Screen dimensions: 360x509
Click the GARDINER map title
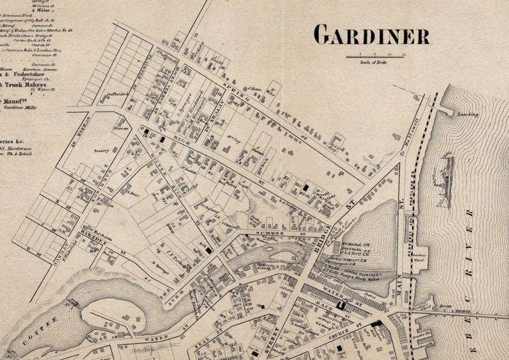pyautogui.click(x=372, y=35)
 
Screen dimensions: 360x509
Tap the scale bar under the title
pyautogui.click(x=376, y=57)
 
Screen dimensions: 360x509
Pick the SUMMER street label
pyautogui.click(x=270, y=232)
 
